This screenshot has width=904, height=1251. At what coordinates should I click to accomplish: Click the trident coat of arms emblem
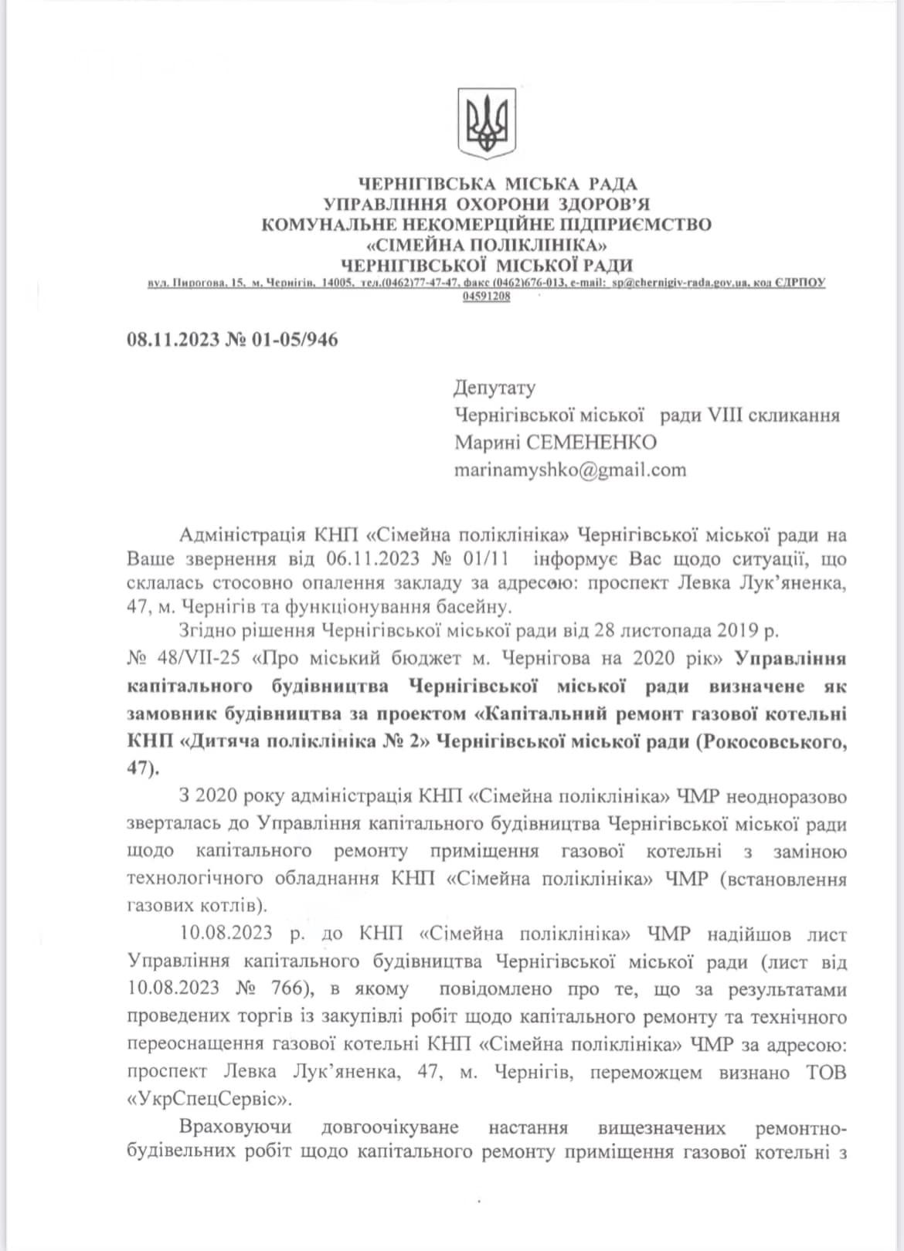click(487, 121)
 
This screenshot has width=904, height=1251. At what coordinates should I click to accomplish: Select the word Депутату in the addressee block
click(494, 388)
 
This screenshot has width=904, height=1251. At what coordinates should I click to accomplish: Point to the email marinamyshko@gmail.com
click(570, 469)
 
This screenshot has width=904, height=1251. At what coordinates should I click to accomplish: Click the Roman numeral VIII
click(723, 415)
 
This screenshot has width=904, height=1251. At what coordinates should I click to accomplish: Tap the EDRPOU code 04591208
click(486, 297)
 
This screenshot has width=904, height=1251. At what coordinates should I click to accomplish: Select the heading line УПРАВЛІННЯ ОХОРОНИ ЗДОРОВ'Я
click(487, 205)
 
